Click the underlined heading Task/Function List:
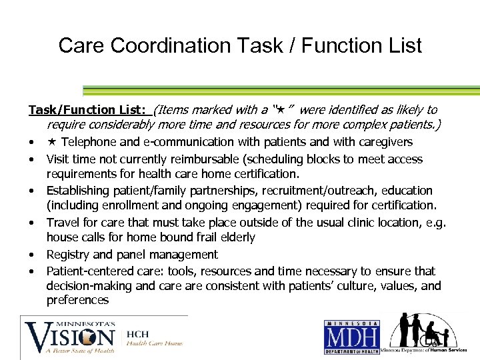[x=89, y=110]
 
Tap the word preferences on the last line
[x=77, y=301]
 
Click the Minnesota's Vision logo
[x=70, y=337]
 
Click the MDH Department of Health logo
[x=352, y=337]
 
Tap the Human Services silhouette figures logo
[x=420, y=331]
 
